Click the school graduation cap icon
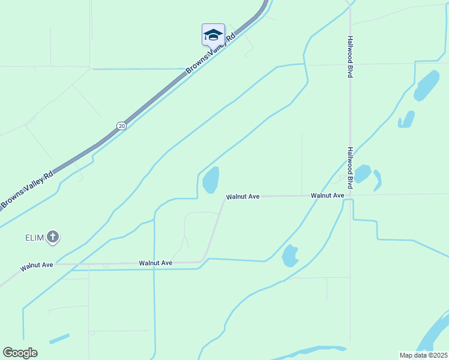pyautogui.click(x=213, y=34)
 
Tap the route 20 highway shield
pyautogui.click(x=122, y=125)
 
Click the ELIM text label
pyautogui.click(x=35, y=238)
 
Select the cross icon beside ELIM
pyautogui.click(x=53, y=237)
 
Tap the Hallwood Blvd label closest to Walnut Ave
pyautogui.click(x=349, y=169)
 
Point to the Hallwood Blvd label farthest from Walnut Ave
pyautogui.click(x=349, y=56)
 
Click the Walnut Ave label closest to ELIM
pyautogui.click(x=37, y=265)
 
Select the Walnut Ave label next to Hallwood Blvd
pyautogui.click(x=327, y=196)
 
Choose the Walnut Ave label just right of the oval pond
pyautogui.click(x=243, y=196)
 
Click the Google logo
pyautogui.click(x=20, y=353)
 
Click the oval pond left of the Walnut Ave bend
pyautogui.click(x=211, y=180)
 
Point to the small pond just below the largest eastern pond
pyautogui.click(x=406, y=120)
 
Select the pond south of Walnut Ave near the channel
pyautogui.click(x=290, y=256)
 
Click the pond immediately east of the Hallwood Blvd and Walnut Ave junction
pyautogui.click(x=362, y=173)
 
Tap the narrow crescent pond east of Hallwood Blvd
pyautogui.click(x=378, y=181)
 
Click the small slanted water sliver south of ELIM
pyautogui.click(x=59, y=339)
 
